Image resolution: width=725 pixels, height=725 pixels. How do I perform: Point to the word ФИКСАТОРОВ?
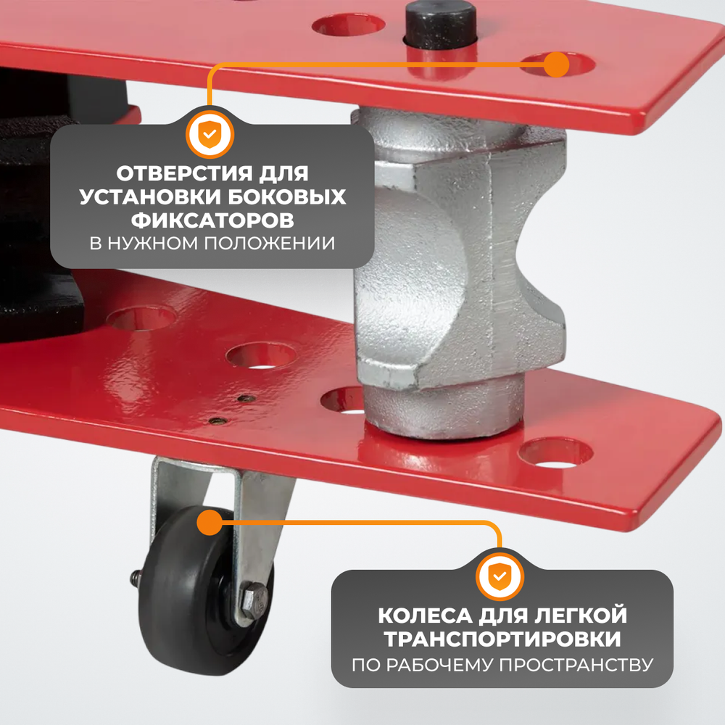click(x=212, y=219)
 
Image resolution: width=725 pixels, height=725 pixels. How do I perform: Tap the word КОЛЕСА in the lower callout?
click(x=427, y=617)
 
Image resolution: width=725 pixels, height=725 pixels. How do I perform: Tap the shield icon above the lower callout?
click(x=500, y=576)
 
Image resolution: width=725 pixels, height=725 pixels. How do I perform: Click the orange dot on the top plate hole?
click(x=556, y=64)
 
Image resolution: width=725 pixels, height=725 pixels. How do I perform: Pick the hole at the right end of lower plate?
click(x=556, y=452)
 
